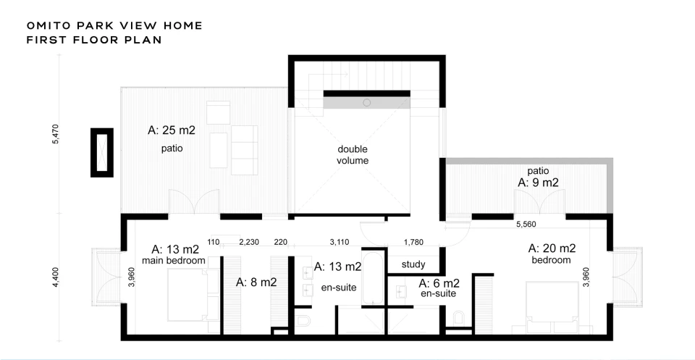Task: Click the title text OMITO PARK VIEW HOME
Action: point(114,26)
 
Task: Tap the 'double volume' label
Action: point(353,155)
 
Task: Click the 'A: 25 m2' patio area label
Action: point(172,130)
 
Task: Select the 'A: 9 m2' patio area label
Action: point(538,183)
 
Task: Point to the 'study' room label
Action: point(413,264)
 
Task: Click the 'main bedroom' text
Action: point(173,261)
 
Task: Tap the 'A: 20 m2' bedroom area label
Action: point(552,248)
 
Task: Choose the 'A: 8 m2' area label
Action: point(256,282)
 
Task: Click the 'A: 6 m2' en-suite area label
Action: point(439,283)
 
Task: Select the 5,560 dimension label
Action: point(526,225)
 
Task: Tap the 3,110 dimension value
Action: point(340,242)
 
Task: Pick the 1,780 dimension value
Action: point(413,242)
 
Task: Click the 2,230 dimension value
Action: point(249,242)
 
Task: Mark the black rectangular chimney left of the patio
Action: point(102,153)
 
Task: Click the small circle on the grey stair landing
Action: point(366,103)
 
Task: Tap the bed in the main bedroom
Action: point(194,295)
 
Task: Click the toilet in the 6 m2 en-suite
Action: point(459,318)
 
